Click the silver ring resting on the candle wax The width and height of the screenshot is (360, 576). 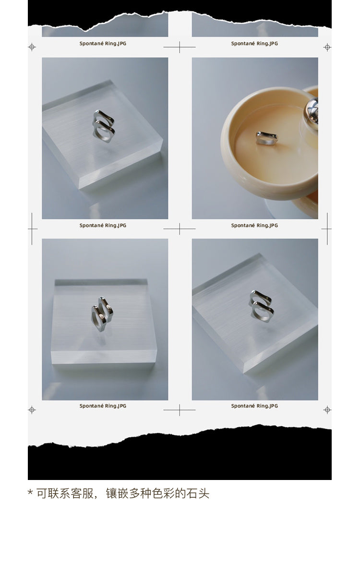click(x=267, y=138)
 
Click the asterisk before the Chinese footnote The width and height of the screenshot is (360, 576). click(x=30, y=492)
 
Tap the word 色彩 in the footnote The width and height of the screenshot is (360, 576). click(x=163, y=493)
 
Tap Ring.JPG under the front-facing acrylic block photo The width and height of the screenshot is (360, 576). click(x=116, y=406)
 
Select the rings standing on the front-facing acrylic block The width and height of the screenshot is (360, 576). click(x=102, y=314)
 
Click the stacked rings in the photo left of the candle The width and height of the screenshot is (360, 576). click(x=103, y=126)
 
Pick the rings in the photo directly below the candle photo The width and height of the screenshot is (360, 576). click(x=262, y=306)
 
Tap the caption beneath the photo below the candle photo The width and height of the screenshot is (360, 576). click(x=254, y=406)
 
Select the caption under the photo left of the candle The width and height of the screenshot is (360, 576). click(x=103, y=225)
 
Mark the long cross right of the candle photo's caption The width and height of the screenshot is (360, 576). click(x=327, y=228)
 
